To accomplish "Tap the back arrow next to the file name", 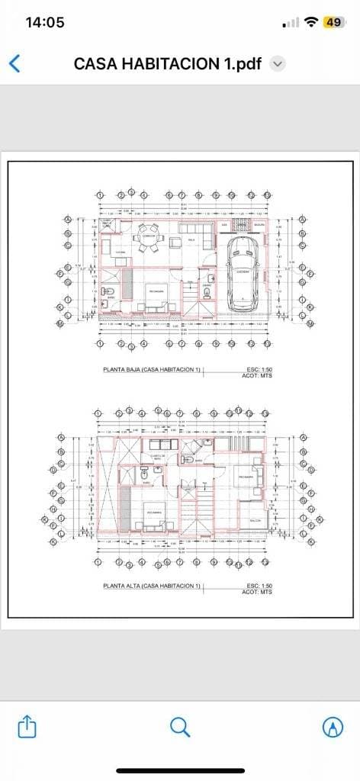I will point(14,63).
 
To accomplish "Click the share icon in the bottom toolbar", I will point(27,726).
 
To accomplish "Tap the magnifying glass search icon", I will point(180,726).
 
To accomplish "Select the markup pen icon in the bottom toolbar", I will point(333,727).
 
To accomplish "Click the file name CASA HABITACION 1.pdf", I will point(168,64).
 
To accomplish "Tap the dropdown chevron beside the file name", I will point(278,64).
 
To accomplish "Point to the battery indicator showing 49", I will point(333,22).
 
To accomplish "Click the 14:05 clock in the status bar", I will point(45,22).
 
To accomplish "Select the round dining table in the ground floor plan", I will point(149,237).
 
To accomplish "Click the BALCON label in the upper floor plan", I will point(255,520).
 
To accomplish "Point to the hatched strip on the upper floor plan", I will point(125,506).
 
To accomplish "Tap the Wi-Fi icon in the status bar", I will point(310,22).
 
